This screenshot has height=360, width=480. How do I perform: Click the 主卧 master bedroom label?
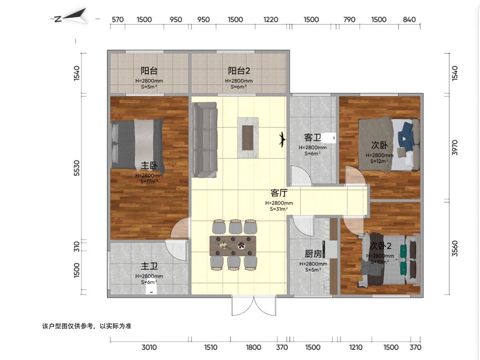click(149, 166)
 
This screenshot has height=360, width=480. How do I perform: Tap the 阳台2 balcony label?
click(239, 71)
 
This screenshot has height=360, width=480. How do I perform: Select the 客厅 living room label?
click(279, 193)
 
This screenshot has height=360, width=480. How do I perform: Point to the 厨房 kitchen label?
click(313, 254)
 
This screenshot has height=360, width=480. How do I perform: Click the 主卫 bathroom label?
click(149, 266)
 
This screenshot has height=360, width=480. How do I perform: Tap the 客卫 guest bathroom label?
click(312, 138)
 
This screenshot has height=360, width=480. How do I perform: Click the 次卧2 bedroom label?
click(380, 246)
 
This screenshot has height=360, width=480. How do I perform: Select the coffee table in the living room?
click(248, 138)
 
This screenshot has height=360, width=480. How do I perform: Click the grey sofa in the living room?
click(204, 140)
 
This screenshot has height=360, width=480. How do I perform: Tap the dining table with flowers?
click(233, 246)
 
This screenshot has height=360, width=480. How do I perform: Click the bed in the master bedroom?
click(137, 144)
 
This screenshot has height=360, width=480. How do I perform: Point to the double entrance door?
click(254, 305)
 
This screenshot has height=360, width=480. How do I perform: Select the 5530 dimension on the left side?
click(77, 168)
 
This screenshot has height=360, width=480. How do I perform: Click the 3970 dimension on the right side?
click(455, 148)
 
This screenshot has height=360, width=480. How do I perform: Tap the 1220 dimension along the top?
click(271, 20)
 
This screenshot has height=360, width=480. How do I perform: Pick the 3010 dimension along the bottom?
click(149, 347)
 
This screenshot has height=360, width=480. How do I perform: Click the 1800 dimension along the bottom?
click(254, 347)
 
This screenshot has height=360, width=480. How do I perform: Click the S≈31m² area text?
click(279, 209)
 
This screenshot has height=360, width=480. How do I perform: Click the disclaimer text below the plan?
click(87, 326)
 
